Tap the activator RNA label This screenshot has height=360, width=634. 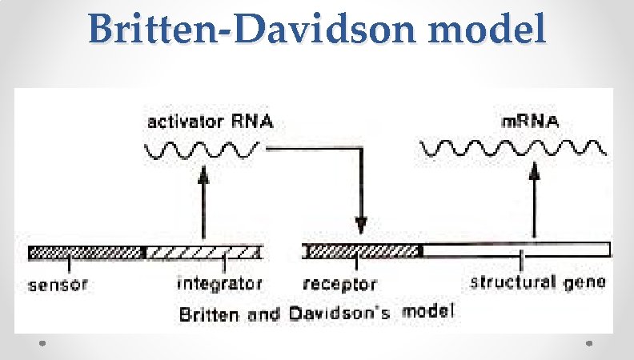[210, 122]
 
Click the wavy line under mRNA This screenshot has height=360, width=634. [512, 148]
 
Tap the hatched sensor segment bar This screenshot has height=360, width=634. [86, 252]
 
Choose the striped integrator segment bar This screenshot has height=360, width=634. [204, 252]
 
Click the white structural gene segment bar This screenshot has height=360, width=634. [516, 250]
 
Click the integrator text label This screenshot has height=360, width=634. [219, 283]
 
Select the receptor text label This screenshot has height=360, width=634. [340, 284]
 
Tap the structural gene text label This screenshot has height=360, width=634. [538, 282]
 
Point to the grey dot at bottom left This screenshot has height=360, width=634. [44, 344]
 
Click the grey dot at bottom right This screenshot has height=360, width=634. [590, 344]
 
